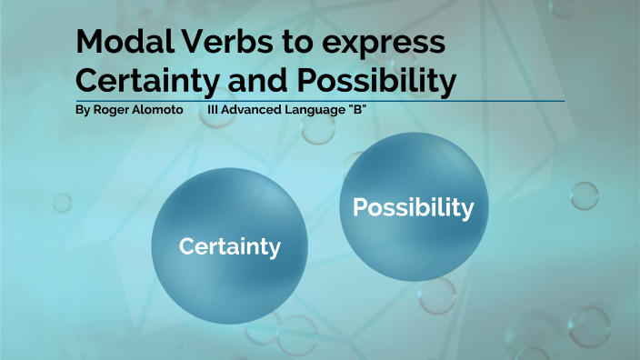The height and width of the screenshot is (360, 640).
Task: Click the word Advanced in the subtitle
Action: [254, 110]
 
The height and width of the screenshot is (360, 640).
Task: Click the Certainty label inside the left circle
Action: [229, 246]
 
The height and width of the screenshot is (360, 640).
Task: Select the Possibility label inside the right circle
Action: [413, 208]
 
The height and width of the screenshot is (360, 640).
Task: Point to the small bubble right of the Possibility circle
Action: [584, 195]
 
